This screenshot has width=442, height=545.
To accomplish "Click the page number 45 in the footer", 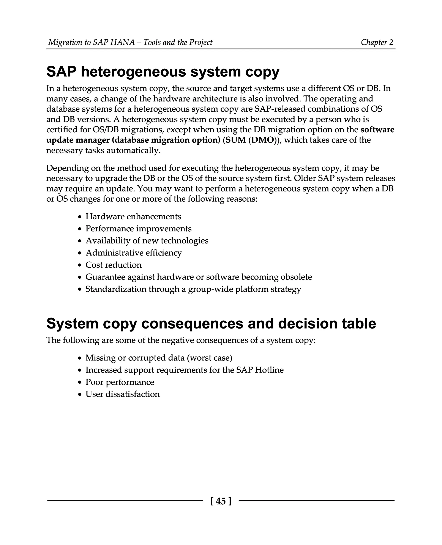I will (221, 501).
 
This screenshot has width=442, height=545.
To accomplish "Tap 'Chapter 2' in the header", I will (377, 42).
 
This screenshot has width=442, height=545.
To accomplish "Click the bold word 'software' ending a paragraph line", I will (377, 130).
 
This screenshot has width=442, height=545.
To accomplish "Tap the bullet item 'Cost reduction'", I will (113, 265).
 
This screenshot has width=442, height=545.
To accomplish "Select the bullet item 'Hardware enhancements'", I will (133, 216).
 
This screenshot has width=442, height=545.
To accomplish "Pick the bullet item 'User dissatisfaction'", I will (122, 394).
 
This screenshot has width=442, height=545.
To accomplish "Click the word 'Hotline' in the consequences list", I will (269, 370).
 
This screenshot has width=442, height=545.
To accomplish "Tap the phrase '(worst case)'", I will (210, 358).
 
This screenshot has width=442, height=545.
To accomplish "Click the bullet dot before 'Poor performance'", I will (80, 382).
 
